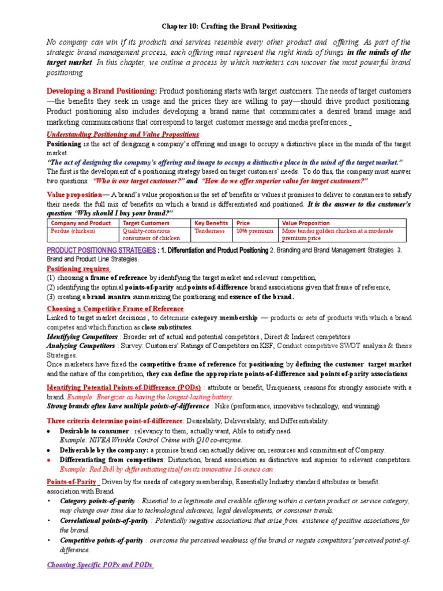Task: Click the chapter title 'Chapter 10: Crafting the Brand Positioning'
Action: coord(221,27)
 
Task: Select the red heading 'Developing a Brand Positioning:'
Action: coord(101,91)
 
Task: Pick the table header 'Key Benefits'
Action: coord(212,223)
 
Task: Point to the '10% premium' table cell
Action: coord(254,231)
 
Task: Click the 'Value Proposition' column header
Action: coord(306,223)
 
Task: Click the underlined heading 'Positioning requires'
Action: coord(78,268)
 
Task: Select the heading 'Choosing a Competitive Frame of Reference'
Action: coord(115,309)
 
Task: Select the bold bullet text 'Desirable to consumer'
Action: coord(95,431)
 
